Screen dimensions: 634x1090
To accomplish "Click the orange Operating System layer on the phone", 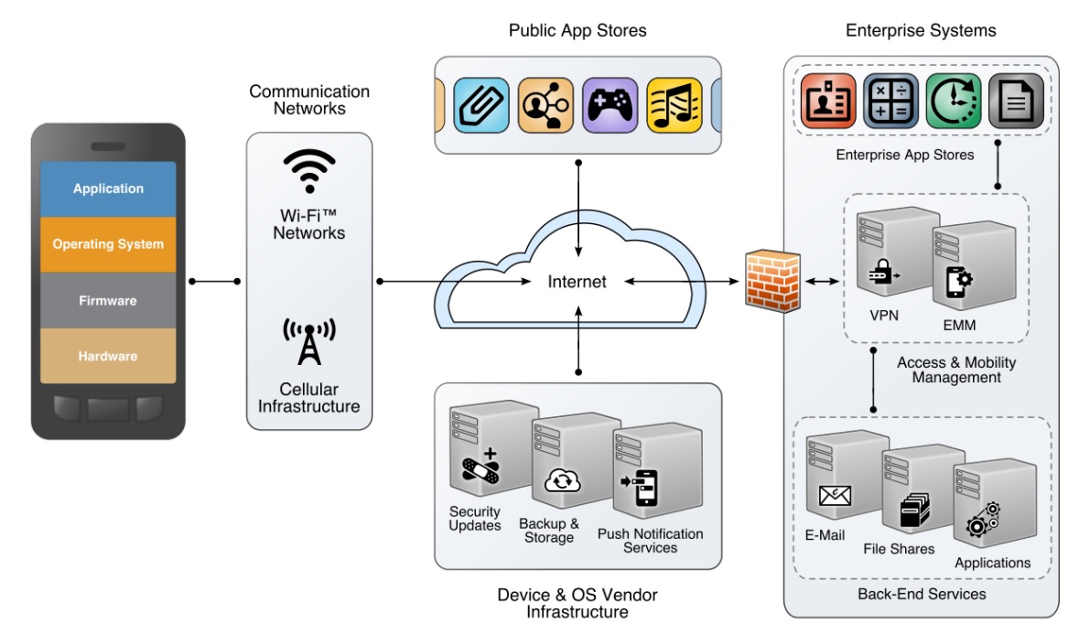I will click(108, 244).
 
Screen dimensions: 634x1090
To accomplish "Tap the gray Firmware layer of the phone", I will click(108, 300).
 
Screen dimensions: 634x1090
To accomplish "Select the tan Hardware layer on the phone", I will click(108, 356).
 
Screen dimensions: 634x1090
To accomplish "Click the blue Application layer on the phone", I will click(108, 188).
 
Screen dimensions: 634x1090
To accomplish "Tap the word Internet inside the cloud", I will click(577, 282).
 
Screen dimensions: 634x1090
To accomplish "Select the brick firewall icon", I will click(772, 280).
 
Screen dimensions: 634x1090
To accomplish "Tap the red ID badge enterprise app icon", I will click(828, 101).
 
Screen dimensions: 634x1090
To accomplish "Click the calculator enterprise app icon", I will click(890, 101).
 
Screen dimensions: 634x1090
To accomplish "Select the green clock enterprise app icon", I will click(953, 101).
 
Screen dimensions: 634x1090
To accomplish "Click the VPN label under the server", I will click(883, 316).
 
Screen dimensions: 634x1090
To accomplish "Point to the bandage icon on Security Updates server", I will click(481, 468).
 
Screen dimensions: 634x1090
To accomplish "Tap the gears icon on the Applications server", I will click(984, 519).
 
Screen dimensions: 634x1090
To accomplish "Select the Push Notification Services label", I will click(650, 541).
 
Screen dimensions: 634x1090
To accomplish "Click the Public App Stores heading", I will click(577, 31).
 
